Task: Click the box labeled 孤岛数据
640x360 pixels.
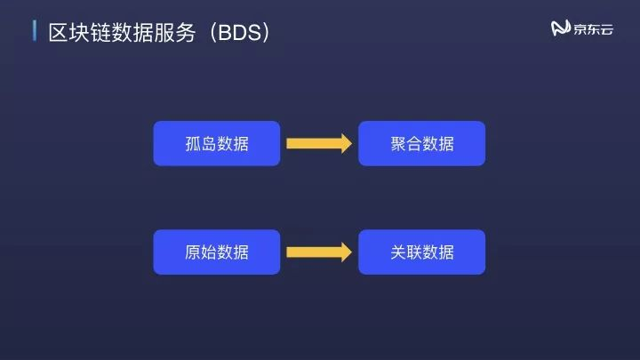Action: coord(217,144)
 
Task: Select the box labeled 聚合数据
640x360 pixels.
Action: coord(421,144)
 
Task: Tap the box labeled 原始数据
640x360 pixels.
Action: coord(217,252)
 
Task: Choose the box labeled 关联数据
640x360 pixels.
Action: coord(421,252)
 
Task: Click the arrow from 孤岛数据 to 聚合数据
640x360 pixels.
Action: coord(318,144)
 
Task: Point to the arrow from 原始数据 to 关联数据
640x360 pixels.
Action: coord(318,252)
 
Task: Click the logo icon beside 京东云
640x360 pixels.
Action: coord(560,29)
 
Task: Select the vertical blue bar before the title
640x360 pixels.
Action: coord(35,31)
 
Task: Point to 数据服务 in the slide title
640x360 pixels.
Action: coord(156,32)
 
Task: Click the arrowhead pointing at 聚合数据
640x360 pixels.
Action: coord(345,144)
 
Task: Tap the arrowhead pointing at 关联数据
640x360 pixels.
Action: coord(345,252)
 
